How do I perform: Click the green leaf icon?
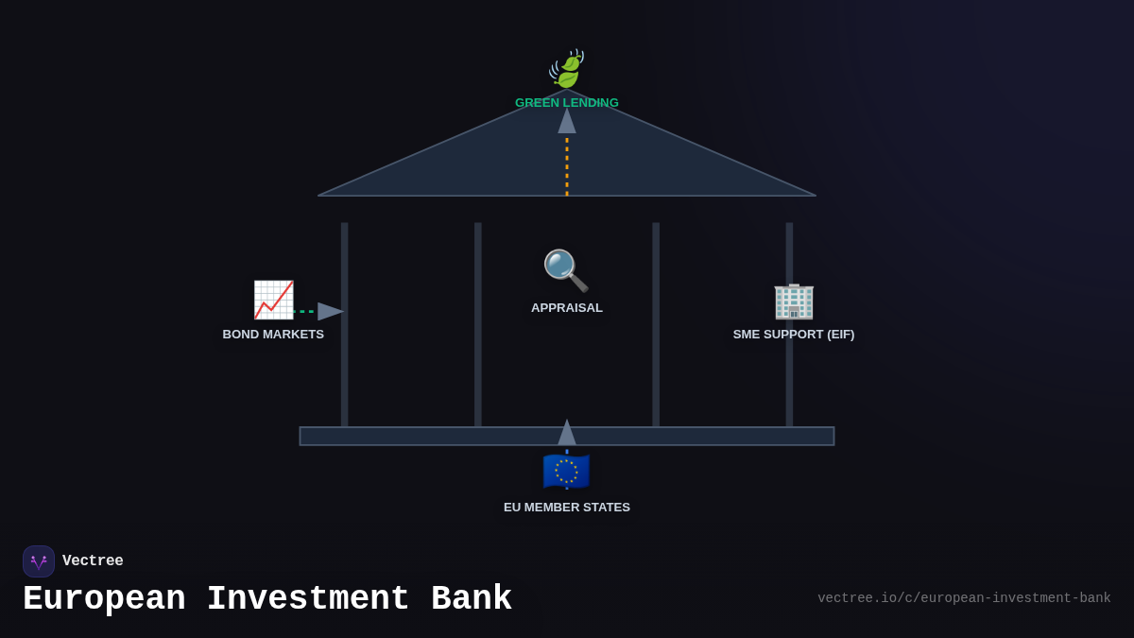567,70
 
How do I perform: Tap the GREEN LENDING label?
567,103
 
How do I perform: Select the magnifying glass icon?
565,270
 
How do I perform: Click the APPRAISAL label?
567,308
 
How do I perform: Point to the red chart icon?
273,300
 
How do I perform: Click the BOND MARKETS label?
273,335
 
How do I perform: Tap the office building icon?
794,301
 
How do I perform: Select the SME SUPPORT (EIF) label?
794,335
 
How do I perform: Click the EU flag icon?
566,471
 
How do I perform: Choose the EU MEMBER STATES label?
567,508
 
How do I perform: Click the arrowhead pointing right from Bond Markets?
330,311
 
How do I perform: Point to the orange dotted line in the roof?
567,166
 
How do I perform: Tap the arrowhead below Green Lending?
567,121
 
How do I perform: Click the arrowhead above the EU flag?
567,433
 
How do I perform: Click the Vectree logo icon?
39,561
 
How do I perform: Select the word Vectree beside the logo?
93,561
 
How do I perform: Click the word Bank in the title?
471,599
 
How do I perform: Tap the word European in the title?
104,599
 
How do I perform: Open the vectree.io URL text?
964,598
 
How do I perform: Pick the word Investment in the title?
308,599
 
